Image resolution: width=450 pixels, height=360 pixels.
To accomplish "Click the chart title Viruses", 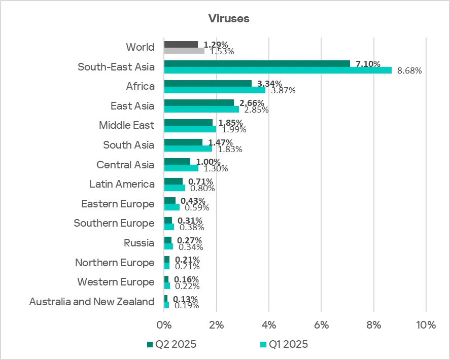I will pos(228,18).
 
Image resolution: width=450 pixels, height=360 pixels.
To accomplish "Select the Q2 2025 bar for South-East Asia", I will pos(257,63).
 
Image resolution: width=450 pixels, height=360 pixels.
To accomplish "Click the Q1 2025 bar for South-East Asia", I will pos(278,70).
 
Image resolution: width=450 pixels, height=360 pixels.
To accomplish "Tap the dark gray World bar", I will pos(181,44).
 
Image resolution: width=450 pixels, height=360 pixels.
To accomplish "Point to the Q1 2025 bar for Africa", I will pos(215,90).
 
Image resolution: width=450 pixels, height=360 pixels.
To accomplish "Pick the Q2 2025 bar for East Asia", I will pos(199,103).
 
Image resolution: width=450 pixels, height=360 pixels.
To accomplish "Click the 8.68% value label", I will pos(409,71).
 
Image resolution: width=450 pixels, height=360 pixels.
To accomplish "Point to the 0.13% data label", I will pos(185,299).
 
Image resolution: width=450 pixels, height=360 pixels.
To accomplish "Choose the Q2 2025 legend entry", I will pos(171,344).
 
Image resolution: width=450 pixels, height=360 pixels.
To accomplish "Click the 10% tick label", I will pos(425,325).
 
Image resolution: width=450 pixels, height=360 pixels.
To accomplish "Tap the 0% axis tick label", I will pos(164,325).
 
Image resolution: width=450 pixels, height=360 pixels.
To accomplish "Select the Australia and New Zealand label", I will pos(92,302).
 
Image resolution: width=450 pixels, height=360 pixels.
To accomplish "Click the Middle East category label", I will pos(126,125).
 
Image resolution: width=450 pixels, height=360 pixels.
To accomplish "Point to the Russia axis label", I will pos(139,243).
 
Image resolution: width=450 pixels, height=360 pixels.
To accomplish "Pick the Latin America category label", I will pos(122,184).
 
